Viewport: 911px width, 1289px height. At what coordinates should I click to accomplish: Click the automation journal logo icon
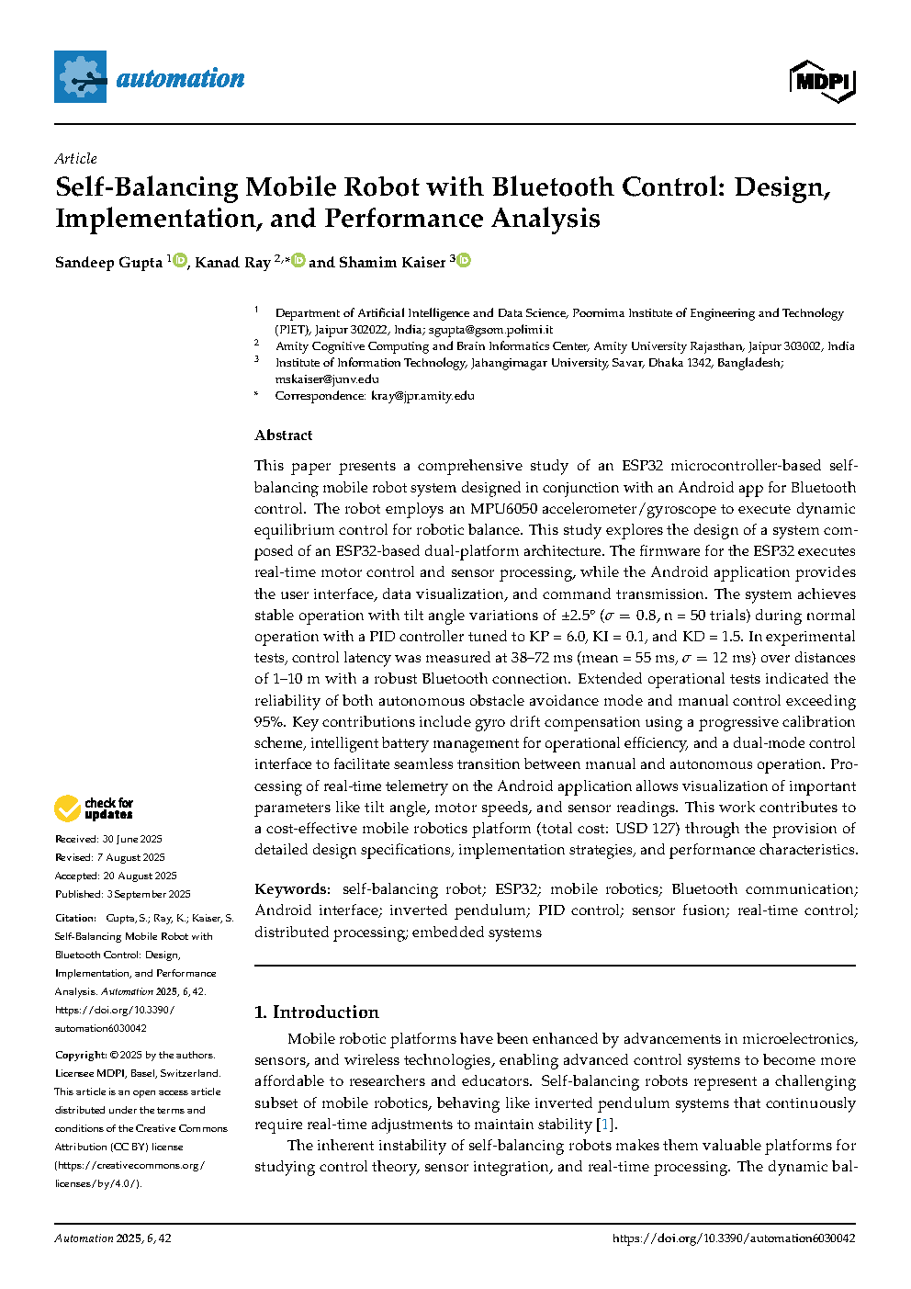81,77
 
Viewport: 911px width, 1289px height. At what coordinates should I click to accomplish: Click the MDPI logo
822,81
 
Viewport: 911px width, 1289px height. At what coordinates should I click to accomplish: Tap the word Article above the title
75,158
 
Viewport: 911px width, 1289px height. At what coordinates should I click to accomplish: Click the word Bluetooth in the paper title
553,187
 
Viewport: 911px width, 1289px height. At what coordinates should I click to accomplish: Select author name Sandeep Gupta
108,263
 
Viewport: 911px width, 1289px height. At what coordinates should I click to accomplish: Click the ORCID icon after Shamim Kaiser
465,261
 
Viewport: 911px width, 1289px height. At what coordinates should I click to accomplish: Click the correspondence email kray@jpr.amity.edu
422,395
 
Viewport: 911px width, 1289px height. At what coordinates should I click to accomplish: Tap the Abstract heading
283,435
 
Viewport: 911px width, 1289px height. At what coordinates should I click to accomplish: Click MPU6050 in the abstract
504,508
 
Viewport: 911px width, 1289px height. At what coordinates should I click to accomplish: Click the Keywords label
291,888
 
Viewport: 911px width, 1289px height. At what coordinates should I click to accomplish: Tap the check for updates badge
94,808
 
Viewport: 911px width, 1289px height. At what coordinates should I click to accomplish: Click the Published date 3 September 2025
148,894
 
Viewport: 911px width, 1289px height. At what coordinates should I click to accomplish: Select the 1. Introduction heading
316,1012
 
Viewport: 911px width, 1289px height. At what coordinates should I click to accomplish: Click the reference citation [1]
604,1124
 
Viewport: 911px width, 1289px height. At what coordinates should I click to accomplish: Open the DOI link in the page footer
734,1238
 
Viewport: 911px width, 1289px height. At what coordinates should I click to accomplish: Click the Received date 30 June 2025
132,839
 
